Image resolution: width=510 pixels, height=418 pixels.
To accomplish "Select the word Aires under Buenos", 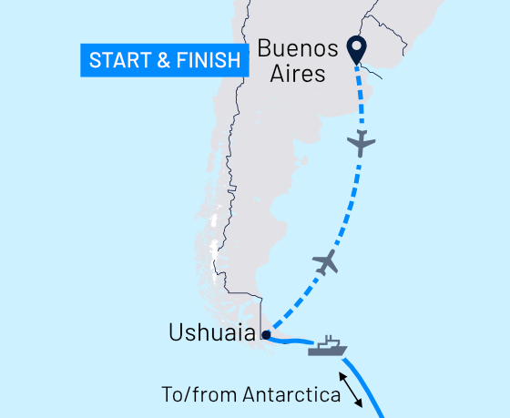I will pos(299,73).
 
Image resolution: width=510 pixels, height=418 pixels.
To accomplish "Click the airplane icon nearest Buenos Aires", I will pos(362,143).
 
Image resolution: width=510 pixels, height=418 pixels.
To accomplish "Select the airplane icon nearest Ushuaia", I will pos(325,263).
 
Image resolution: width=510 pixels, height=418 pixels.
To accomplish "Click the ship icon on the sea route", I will pos(327,346).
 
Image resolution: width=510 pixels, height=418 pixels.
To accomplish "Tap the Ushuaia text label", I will pos(211,334).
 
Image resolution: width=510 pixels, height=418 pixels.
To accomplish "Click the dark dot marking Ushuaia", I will pos(266,335).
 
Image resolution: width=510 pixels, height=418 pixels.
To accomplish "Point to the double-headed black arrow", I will pos(351,389).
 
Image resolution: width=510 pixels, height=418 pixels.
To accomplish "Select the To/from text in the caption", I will pos(189,396).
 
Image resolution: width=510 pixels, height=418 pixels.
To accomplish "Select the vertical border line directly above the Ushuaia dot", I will pos(261,314).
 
